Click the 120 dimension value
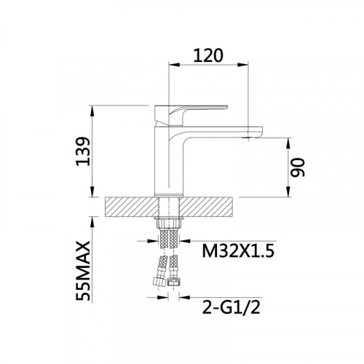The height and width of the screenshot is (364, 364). (208, 56)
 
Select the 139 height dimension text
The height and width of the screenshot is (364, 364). (83, 151)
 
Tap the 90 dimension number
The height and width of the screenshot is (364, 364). (298, 167)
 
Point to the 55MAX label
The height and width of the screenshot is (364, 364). (83, 271)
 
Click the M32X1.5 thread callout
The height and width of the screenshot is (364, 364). (238, 251)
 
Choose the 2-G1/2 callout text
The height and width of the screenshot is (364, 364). (232, 307)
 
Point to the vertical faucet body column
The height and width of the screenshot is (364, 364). (168, 160)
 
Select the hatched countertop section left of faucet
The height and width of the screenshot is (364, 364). (131, 207)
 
